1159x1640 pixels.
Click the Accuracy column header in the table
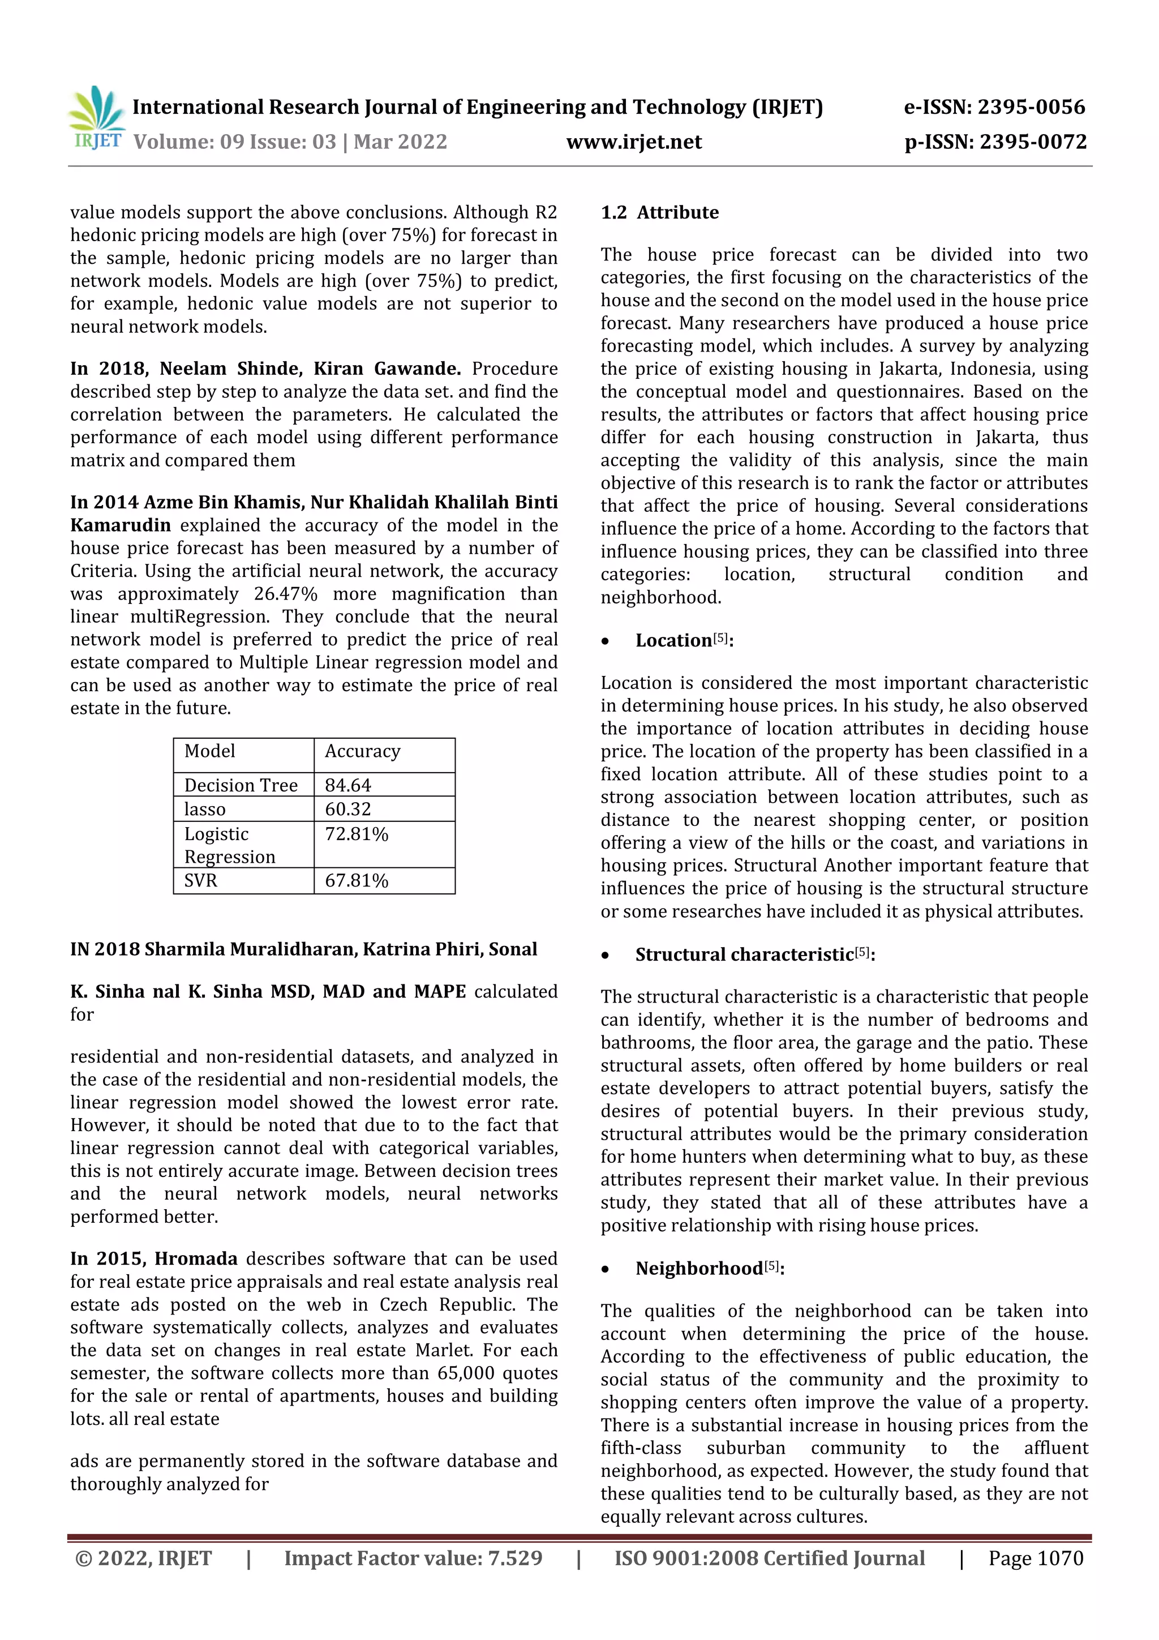362,751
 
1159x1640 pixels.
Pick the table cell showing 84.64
348,785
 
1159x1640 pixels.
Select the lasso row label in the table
205,810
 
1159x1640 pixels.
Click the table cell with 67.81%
357,881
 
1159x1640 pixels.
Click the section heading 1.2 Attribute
659,212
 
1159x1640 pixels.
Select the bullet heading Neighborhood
699,1269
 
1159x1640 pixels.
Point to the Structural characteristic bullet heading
744,954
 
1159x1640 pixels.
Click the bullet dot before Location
606,641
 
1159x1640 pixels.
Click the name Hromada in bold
196,1258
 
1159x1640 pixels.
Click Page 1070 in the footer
1036,1558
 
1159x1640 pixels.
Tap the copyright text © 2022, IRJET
144,1558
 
